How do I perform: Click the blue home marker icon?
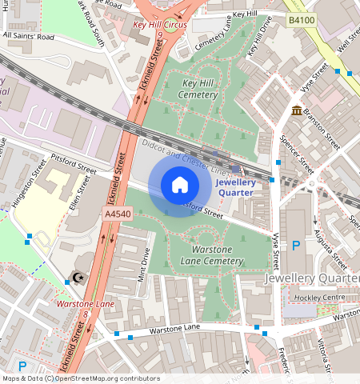tap(180, 186)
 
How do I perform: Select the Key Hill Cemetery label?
tap(200, 89)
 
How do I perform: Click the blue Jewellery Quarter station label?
tap(235, 187)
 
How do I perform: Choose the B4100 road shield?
tap(301, 19)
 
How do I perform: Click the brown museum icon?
tap(297, 110)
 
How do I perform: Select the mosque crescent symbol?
tap(78, 278)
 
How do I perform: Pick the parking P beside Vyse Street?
tap(296, 246)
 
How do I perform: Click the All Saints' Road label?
tap(29, 36)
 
